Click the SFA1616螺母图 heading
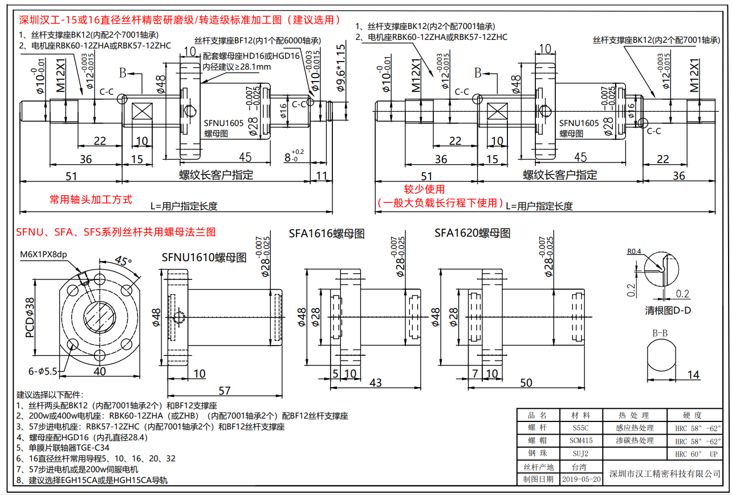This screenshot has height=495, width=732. pos(326,233)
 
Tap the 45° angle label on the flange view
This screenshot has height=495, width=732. pos(122,261)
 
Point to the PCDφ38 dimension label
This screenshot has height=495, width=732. pos(29,317)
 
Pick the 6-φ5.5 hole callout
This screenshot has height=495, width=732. pos(43,371)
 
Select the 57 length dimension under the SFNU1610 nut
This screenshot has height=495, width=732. pos(225,390)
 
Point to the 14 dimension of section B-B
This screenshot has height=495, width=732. pos(693,375)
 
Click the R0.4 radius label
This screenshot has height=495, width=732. pos(634,251)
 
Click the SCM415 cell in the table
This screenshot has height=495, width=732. pos(581,440)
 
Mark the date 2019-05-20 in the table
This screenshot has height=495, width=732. pos(581,479)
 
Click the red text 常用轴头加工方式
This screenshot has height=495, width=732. pos(91,200)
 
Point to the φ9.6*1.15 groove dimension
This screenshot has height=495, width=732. pos(341,68)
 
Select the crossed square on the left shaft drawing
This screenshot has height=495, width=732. pos(141,112)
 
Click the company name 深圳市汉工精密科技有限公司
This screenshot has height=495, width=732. pos(664,473)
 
